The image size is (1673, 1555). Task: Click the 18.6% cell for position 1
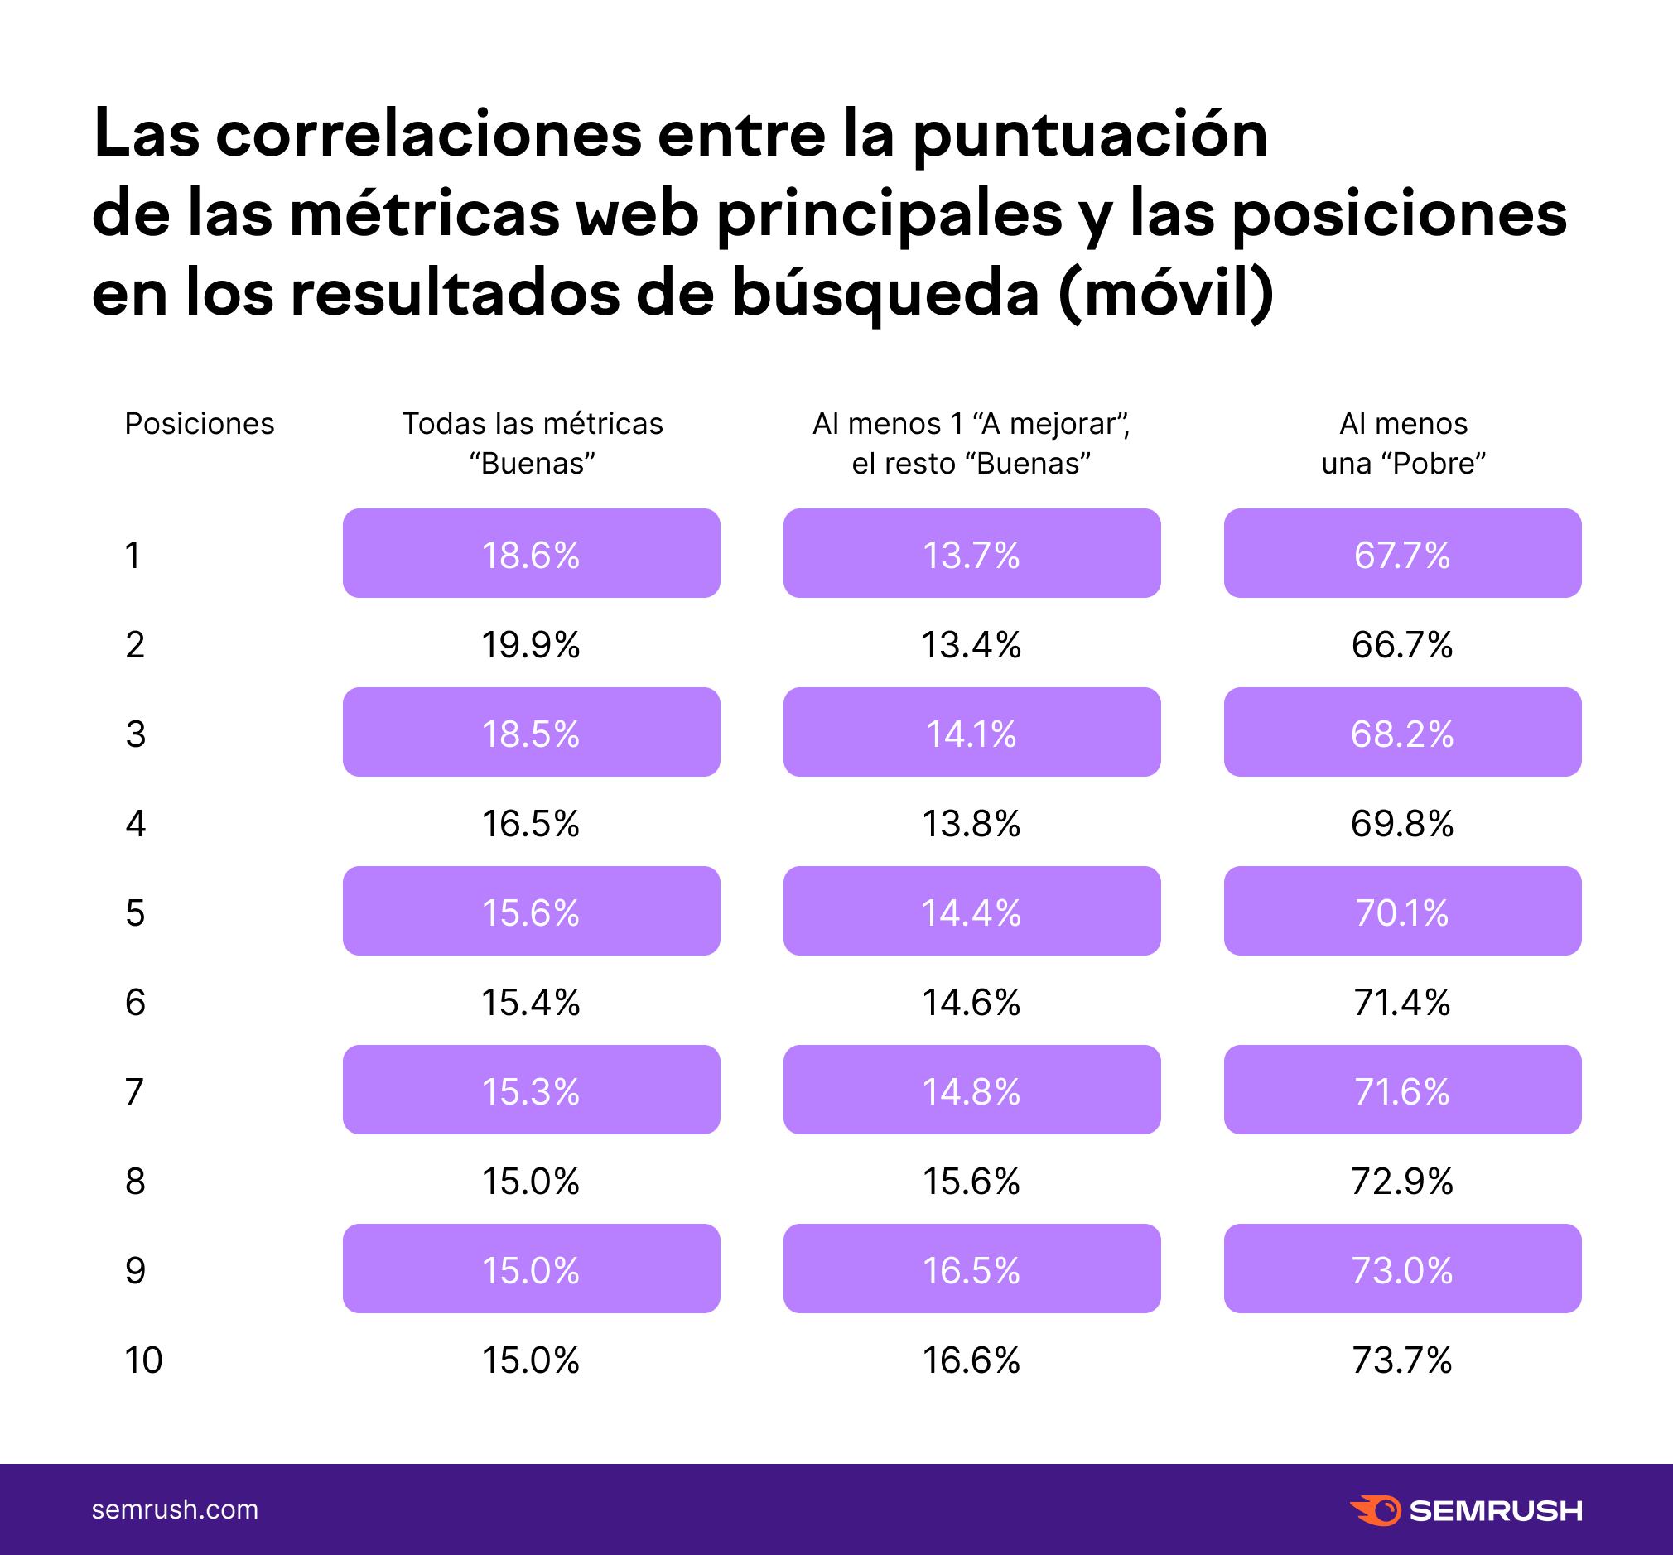tap(531, 555)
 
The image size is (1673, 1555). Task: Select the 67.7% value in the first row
tap(1402, 555)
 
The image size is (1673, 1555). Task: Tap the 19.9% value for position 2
tap(531, 644)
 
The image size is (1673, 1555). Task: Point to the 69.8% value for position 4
tap(1402, 823)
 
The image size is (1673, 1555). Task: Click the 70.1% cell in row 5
tap(1402, 912)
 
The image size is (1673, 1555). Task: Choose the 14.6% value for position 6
tap(971, 1002)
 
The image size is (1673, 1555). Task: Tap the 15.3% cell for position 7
tap(531, 1091)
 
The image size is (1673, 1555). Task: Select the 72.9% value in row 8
tap(1402, 1181)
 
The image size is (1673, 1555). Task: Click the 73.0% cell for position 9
tap(1402, 1269)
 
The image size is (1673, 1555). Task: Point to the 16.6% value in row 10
tap(971, 1360)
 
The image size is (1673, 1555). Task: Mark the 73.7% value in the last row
tap(1402, 1360)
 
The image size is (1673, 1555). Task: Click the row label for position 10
tap(144, 1360)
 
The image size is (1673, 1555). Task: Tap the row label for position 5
tap(136, 912)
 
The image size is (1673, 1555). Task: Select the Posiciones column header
tap(200, 423)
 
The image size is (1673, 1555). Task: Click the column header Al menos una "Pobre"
tap(1403, 444)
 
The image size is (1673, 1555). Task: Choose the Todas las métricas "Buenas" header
tap(532, 444)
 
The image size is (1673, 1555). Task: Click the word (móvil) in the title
tap(1166, 292)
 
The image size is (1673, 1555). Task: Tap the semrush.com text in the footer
tap(175, 1509)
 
